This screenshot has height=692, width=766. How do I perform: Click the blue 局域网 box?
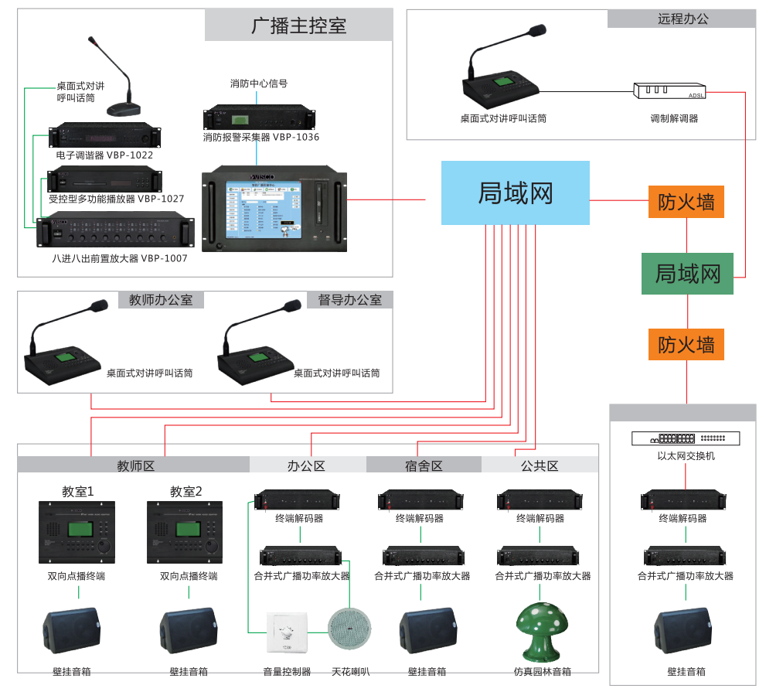(515, 193)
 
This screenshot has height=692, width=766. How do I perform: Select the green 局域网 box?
(688, 274)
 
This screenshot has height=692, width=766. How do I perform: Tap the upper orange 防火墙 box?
(686, 203)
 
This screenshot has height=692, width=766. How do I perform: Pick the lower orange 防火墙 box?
(686, 344)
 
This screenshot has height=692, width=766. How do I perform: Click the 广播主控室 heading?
(298, 26)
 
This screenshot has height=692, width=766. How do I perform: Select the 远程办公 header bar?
(682, 19)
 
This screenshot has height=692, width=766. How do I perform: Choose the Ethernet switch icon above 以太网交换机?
(685, 438)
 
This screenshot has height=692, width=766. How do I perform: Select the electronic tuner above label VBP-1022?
(105, 137)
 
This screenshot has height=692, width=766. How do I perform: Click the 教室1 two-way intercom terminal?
(77, 532)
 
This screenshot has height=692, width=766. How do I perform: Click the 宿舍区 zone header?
(424, 465)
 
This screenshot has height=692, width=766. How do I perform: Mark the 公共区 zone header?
(540, 465)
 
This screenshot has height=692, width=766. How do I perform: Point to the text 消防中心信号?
(258, 84)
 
